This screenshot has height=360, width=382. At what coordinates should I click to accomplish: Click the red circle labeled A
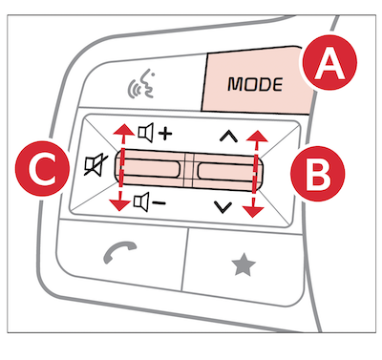pos(329,62)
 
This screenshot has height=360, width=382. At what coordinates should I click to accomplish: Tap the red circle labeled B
pos(318,174)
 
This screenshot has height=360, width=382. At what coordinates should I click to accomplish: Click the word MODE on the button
pos(255,84)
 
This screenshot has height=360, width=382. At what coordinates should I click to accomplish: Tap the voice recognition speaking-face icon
pos(142,84)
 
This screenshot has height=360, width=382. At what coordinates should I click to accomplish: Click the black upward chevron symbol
pos(228,137)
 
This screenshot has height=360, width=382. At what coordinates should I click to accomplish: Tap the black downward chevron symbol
pos(223,207)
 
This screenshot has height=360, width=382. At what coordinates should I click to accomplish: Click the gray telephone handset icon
pos(120,252)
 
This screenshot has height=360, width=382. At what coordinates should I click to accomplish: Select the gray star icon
pos(244,265)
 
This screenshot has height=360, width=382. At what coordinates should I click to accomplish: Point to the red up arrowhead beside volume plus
pos(124,131)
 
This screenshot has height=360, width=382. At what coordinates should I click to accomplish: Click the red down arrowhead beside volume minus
pos(119,204)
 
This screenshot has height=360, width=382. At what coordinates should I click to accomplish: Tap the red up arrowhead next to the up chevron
pos(258,136)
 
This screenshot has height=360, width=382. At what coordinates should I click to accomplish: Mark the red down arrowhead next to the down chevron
pos(253,212)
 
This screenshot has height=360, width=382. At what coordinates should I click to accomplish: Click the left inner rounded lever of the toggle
pos(150,168)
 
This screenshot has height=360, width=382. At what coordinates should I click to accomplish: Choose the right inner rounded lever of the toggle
pos(225,173)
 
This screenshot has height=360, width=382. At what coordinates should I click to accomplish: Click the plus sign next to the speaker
pos(165,134)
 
